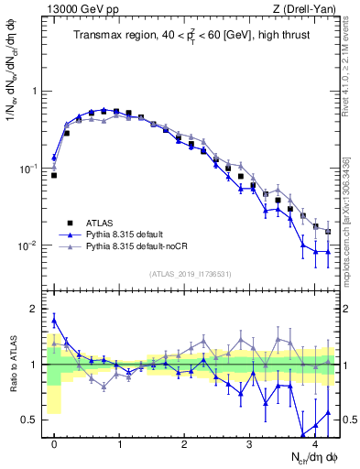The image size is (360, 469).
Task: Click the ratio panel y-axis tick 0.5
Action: click(33, 420)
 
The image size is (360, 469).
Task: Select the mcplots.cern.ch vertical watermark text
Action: click(352, 211)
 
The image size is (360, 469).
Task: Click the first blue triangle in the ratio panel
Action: click(54, 321)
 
